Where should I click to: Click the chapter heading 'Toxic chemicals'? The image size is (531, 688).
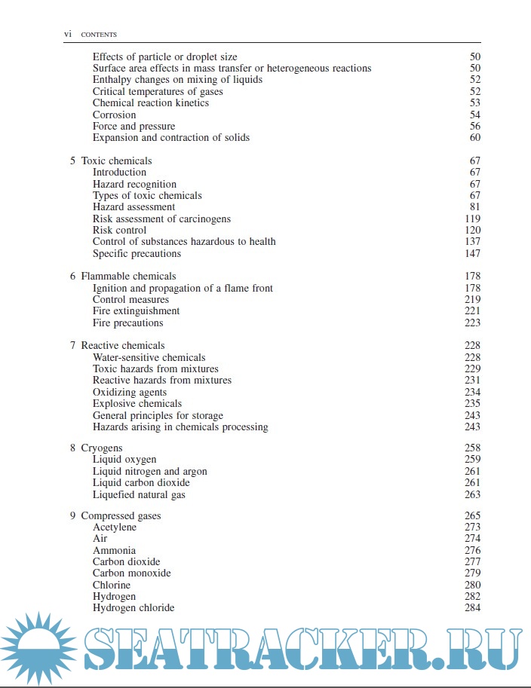116,161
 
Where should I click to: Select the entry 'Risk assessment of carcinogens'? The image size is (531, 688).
161,219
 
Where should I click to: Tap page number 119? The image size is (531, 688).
473,219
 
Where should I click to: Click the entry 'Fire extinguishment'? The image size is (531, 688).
136,311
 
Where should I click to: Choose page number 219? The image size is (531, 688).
473,300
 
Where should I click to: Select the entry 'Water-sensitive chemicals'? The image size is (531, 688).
149,358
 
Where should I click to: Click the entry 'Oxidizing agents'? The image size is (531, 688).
130,393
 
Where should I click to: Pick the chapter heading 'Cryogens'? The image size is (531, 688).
101,448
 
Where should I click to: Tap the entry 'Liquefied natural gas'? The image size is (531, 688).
139,495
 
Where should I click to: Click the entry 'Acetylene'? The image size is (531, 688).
115,527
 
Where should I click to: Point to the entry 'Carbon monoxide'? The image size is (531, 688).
131,573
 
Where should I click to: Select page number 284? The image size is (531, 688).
473,608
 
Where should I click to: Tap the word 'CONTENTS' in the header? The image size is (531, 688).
99,35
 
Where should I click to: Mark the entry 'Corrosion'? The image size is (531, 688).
114,115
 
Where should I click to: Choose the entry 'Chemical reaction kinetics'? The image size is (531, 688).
150,103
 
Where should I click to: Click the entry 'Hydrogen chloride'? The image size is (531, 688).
134,608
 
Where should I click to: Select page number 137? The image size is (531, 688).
473,242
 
